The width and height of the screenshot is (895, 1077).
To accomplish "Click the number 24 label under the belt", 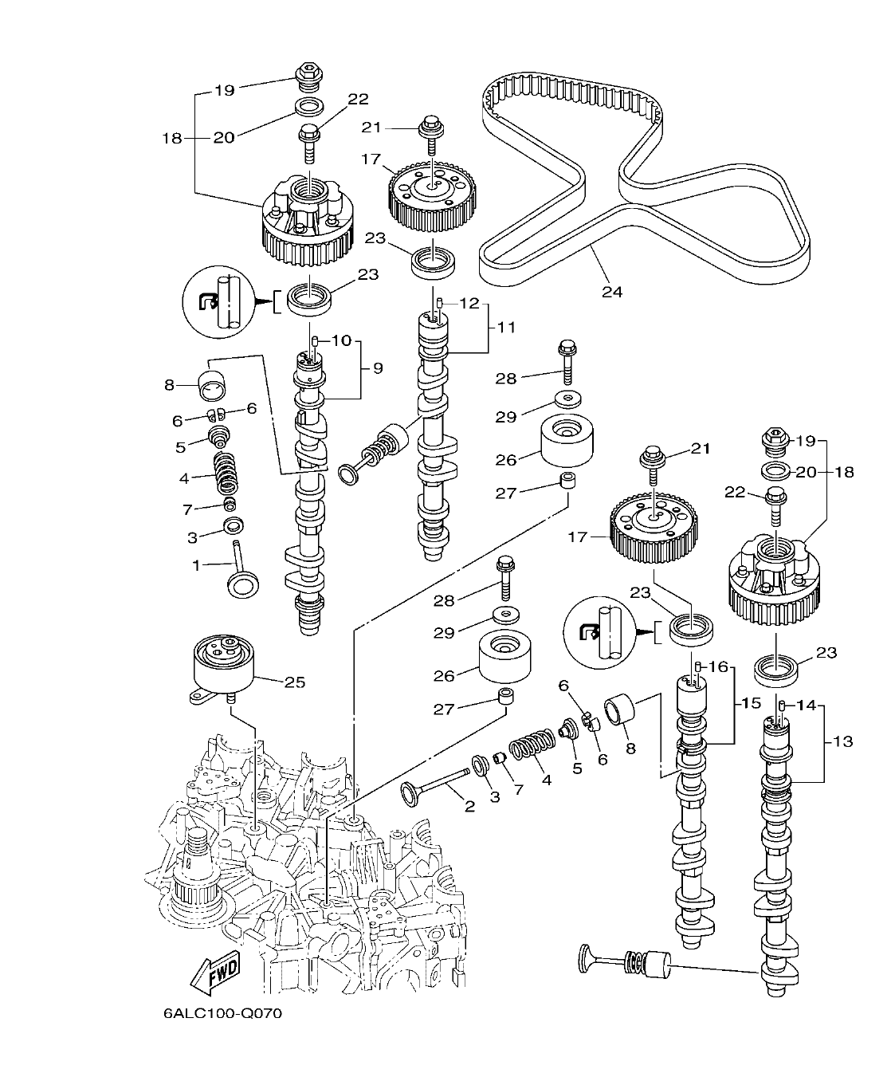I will point(611,292).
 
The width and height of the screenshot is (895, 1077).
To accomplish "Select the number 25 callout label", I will point(295,682).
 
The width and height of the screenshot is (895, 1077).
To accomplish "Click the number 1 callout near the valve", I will point(196,565).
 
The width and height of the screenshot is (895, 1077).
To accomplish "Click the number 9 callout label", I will point(377,368).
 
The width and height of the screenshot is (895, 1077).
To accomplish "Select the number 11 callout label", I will point(506,327).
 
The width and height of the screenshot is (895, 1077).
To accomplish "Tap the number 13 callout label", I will point(842,741).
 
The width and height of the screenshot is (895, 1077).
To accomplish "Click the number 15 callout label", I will point(752,704).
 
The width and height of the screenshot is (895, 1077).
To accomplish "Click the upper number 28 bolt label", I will point(506,379).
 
